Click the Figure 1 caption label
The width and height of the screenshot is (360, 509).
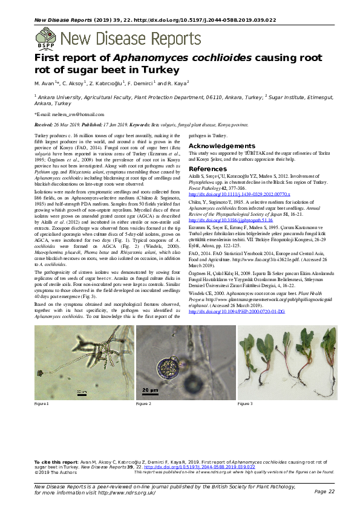42,403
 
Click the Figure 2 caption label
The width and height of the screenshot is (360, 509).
143,403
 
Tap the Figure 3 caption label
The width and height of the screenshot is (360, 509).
244,403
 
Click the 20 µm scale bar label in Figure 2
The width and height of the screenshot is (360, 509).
148,390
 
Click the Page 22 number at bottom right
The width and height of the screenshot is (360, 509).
324,492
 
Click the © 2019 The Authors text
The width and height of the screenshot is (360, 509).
53,472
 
